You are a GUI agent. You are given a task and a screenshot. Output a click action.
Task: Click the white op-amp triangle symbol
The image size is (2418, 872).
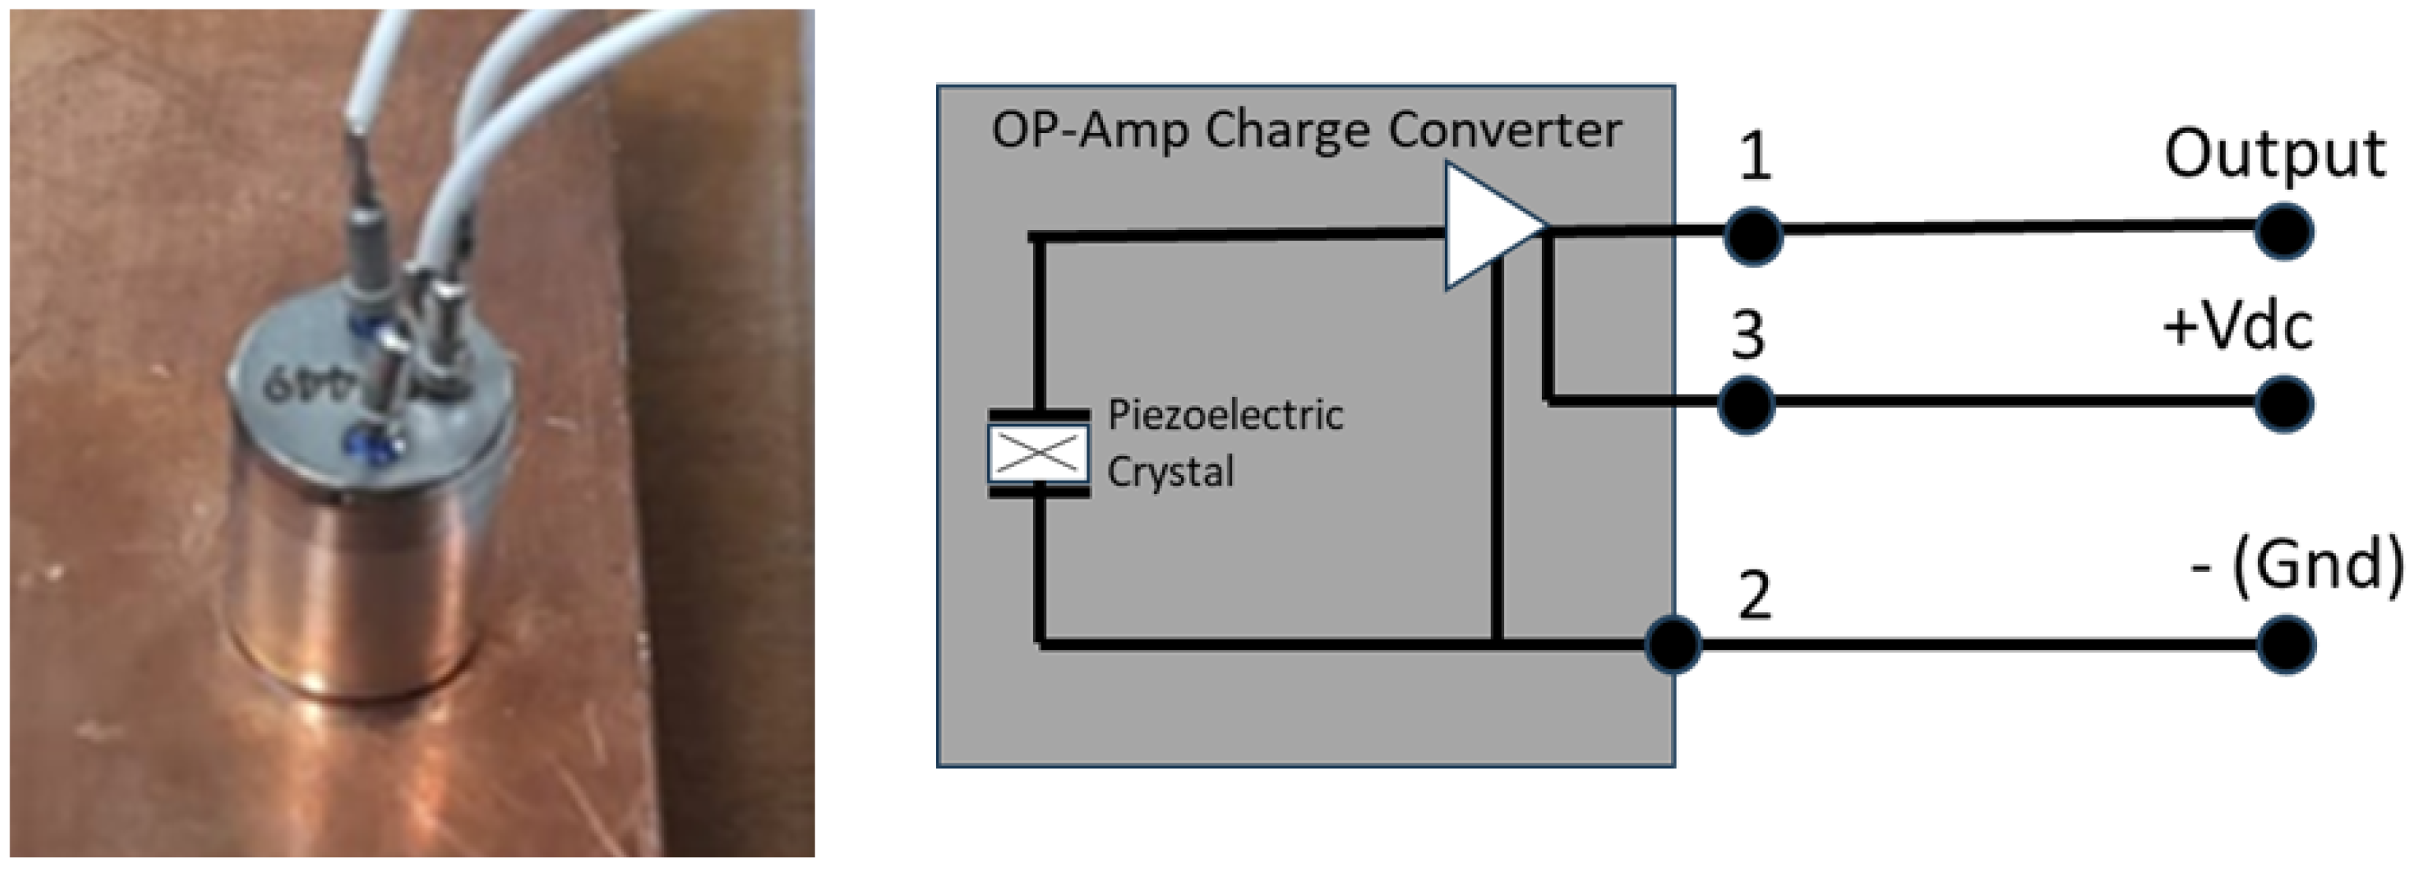coord(1488,226)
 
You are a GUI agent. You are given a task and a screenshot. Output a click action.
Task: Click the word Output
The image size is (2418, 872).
coord(2274,155)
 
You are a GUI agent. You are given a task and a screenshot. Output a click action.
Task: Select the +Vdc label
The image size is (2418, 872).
coord(2238,328)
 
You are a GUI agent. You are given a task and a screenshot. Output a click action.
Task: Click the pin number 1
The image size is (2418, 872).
coord(1755,157)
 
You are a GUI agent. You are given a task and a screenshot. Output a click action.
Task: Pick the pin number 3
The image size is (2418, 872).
coord(1748,334)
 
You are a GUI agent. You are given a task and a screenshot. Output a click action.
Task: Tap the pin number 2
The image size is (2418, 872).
coord(1755,595)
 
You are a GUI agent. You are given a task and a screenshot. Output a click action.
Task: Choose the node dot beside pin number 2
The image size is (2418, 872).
coord(1673,644)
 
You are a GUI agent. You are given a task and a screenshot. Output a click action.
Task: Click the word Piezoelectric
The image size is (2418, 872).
coord(1225,415)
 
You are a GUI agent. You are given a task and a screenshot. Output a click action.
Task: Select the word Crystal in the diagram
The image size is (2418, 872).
coord(1169,471)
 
